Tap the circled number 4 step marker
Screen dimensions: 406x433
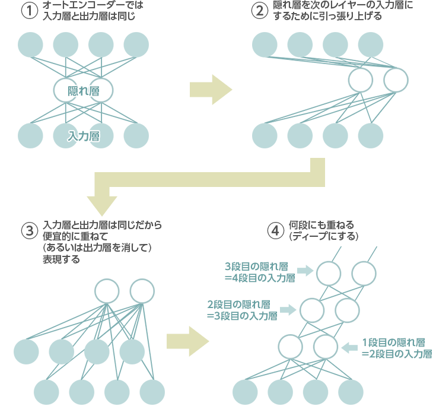(x=273, y=231)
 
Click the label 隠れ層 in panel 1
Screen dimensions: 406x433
(x=83, y=91)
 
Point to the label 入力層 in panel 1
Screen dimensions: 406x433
(x=83, y=136)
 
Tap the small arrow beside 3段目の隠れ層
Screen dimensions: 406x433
(x=305, y=271)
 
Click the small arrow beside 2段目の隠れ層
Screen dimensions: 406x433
(x=288, y=309)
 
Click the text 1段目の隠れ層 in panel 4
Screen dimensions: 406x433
(x=393, y=342)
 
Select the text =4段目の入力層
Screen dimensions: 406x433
(x=260, y=277)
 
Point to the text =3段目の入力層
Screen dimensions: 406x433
(x=242, y=316)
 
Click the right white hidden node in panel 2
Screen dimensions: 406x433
(x=396, y=80)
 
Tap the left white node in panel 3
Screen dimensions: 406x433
(x=107, y=291)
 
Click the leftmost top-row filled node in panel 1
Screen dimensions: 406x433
(x=30, y=44)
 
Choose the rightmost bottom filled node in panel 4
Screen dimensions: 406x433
(x=351, y=391)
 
